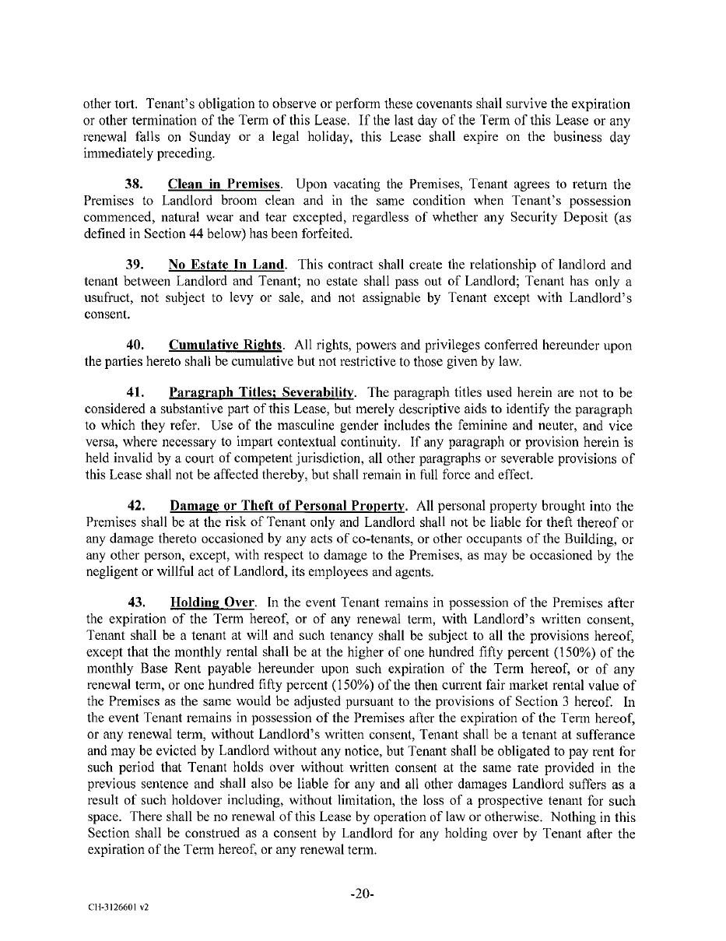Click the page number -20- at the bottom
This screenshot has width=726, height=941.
click(363, 894)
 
